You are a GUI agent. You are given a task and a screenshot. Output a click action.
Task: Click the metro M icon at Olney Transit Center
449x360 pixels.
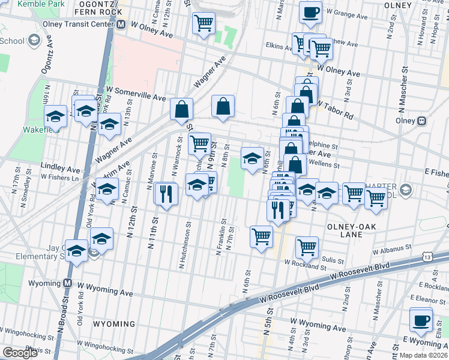tap(121, 25)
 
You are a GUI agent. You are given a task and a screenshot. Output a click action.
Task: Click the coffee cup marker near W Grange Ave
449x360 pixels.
tap(310, 12)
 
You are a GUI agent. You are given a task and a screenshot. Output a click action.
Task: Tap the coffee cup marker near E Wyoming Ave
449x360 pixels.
tap(421, 319)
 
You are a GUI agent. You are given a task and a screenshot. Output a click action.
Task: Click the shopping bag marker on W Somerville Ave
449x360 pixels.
tap(181, 109)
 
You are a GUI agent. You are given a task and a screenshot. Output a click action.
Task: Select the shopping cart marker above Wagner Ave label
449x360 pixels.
tap(203, 23)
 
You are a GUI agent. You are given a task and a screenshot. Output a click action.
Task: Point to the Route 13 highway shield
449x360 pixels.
tap(427, 257)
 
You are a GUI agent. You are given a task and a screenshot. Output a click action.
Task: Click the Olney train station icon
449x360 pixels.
tap(422, 121)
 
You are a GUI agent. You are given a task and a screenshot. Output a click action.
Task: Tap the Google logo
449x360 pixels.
tap(20, 353)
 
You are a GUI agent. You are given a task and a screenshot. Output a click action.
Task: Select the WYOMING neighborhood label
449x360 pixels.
tap(114, 324)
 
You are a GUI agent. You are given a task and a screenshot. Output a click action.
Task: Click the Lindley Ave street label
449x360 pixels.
tap(60, 165)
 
